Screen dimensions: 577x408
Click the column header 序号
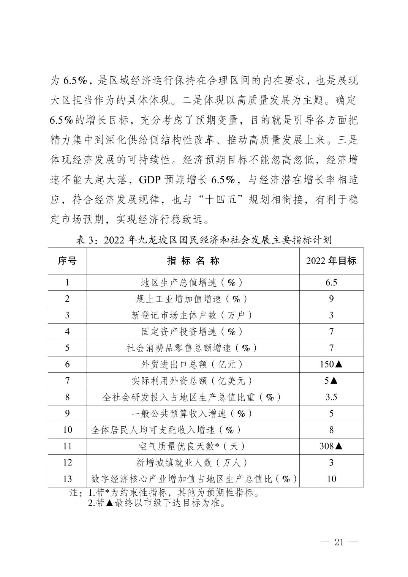[67, 261]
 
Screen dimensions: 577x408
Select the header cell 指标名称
[193, 261]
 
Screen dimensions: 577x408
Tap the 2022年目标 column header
[331, 261]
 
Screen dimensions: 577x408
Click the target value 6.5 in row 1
[331, 282]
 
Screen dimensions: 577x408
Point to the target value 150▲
[331, 364]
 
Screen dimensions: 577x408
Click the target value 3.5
[331, 397]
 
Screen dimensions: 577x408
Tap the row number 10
[67, 430]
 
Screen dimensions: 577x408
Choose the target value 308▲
[331, 446]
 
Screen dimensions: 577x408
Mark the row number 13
[67, 479]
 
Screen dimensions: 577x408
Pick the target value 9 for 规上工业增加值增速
[331, 299]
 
